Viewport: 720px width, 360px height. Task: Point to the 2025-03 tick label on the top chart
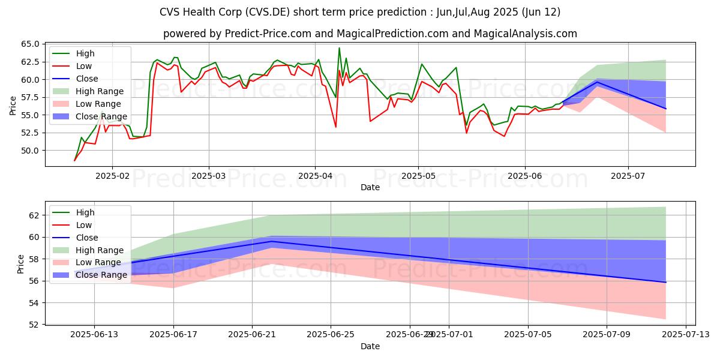[x=208, y=176]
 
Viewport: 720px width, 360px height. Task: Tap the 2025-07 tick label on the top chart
[x=628, y=176]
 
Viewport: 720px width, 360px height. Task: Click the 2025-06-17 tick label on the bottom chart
[x=173, y=335]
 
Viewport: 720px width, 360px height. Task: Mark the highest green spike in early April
[x=339, y=48]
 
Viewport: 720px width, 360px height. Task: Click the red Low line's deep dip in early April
[x=335, y=127]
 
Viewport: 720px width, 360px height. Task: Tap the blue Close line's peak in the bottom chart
[x=272, y=241]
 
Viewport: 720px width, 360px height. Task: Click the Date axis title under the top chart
[x=370, y=187]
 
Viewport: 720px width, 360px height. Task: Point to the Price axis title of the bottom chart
[x=21, y=263]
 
